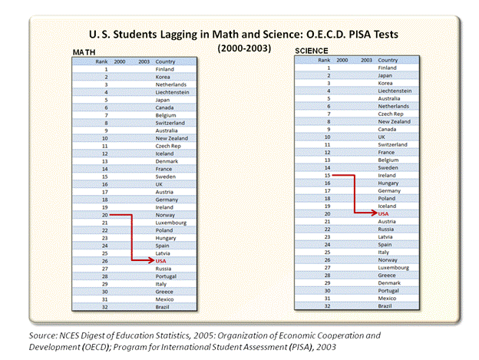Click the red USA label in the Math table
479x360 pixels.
click(160, 262)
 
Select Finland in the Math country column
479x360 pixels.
click(165, 69)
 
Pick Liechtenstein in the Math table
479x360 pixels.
click(171, 92)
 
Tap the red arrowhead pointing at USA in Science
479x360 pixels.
click(373, 213)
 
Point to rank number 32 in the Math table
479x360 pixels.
click(104, 307)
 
